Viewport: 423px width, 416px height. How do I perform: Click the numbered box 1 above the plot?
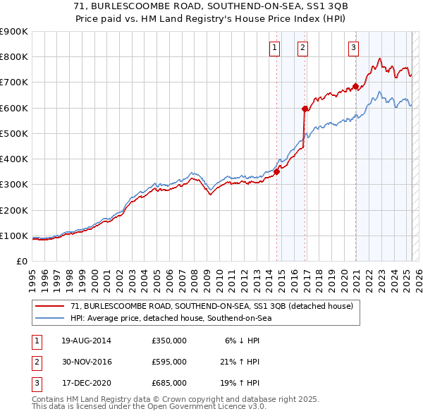click(274, 48)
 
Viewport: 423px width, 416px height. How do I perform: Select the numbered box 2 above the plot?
click(302, 48)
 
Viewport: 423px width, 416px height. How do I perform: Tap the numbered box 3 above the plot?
click(353, 48)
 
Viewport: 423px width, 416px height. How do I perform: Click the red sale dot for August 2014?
click(277, 171)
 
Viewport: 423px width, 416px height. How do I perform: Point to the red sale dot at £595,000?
click(305, 109)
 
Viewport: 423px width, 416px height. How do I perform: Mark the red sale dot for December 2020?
click(356, 86)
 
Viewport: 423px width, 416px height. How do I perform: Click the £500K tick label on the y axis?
click(13, 133)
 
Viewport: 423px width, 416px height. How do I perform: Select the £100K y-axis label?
click(13, 235)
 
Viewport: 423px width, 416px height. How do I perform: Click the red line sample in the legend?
click(51, 306)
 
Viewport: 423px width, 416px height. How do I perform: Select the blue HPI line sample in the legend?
click(51, 318)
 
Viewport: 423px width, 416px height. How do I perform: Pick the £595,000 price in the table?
click(168, 362)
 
